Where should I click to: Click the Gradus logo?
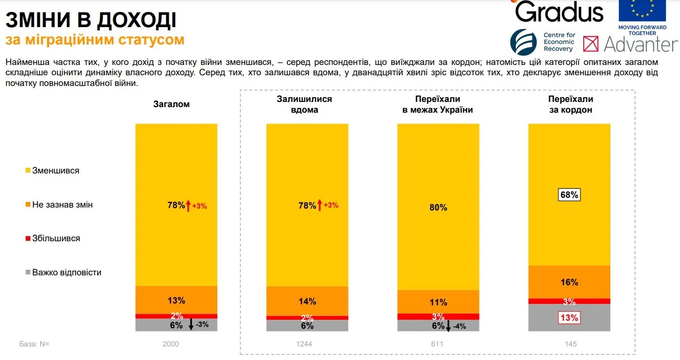pyautogui.click(x=559, y=11)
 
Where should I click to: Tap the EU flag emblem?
pyautogui.click(x=642, y=10)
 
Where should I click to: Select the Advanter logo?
pyautogui.click(x=630, y=44)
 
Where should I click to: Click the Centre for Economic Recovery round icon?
pyautogui.click(x=523, y=42)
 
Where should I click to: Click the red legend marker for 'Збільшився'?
pyautogui.click(x=28, y=239)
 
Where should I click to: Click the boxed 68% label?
pyautogui.click(x=569, y=194)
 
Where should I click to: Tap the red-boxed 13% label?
pyautogui.click(x=569, y=318)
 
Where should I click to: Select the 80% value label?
pyautogui.click(x=438, y=207)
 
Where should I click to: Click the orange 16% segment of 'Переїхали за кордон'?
pyautogui.click(x=569, y=282)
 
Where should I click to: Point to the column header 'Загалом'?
pyautogui.click(x=172, y=104)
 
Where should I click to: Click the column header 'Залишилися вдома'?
pyautogui.click(x=304, y=104)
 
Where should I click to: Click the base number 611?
pyautogui.click(x=438, y=344)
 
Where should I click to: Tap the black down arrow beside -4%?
pyautogui.click(x=449, y=325)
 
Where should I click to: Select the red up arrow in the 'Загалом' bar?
pyautogui.click(x=188, y=205)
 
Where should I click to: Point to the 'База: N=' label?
pyautogui.click(x=34, y=344)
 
